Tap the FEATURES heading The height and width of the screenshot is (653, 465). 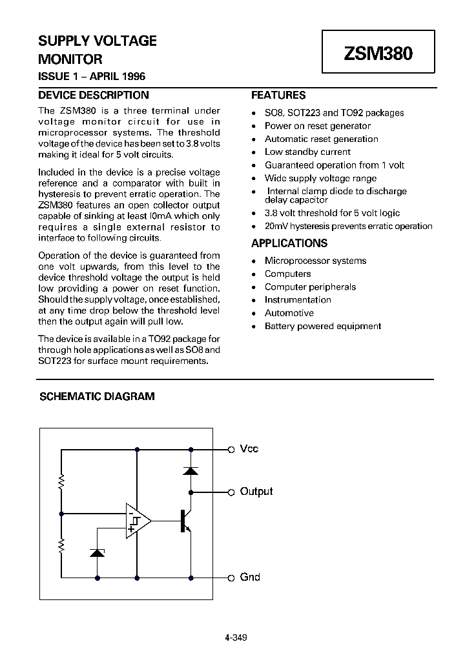point(278,95)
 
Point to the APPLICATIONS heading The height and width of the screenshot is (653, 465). point(289,243)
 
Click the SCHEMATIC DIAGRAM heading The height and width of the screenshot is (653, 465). point(97,396)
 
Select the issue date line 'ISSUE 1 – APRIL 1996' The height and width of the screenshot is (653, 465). point(92,77)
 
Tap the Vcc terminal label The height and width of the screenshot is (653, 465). point(249,449)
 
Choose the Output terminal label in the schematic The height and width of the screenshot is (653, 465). point(256,492)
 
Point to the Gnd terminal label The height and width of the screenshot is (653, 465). point(249,577)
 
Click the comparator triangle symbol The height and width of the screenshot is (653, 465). point(138,520)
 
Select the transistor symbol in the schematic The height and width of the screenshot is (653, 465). point(185,520)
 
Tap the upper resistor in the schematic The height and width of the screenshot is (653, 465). point(61,481)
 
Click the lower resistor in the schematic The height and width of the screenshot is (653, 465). point(61,546)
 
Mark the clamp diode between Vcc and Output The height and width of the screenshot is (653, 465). point(191,470)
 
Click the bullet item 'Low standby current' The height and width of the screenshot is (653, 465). point(307,152)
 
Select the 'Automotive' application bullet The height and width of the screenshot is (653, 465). point(289,313)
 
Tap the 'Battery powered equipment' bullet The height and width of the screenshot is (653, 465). point(322,326)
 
